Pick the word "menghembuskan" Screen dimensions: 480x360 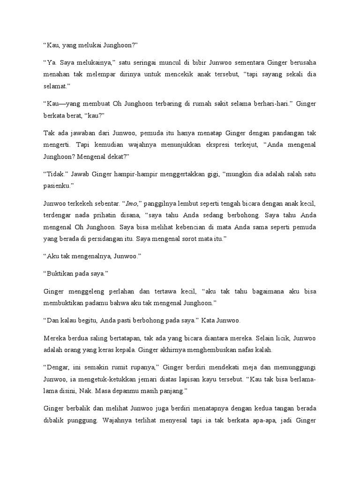[x=205, y=350]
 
